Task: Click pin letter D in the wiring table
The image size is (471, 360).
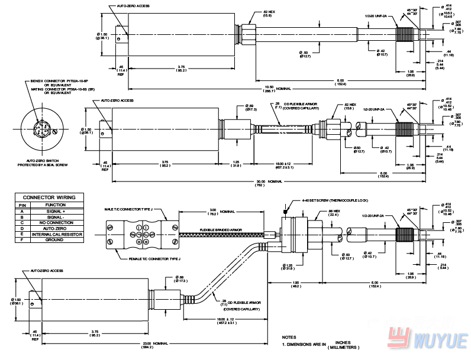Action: click(21, 229)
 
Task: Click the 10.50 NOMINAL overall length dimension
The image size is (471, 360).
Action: click(276, 89)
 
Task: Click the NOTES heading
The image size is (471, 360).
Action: click(289, 337)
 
